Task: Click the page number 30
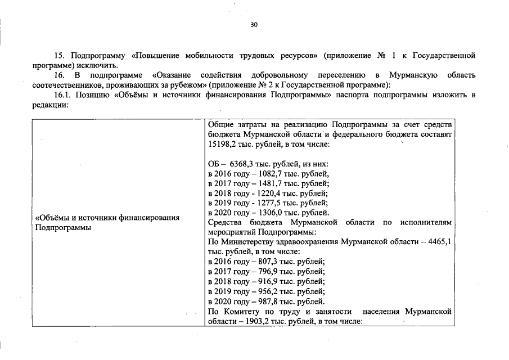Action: click(x=254, y=25)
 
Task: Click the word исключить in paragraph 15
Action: click(x=99, y=65)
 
